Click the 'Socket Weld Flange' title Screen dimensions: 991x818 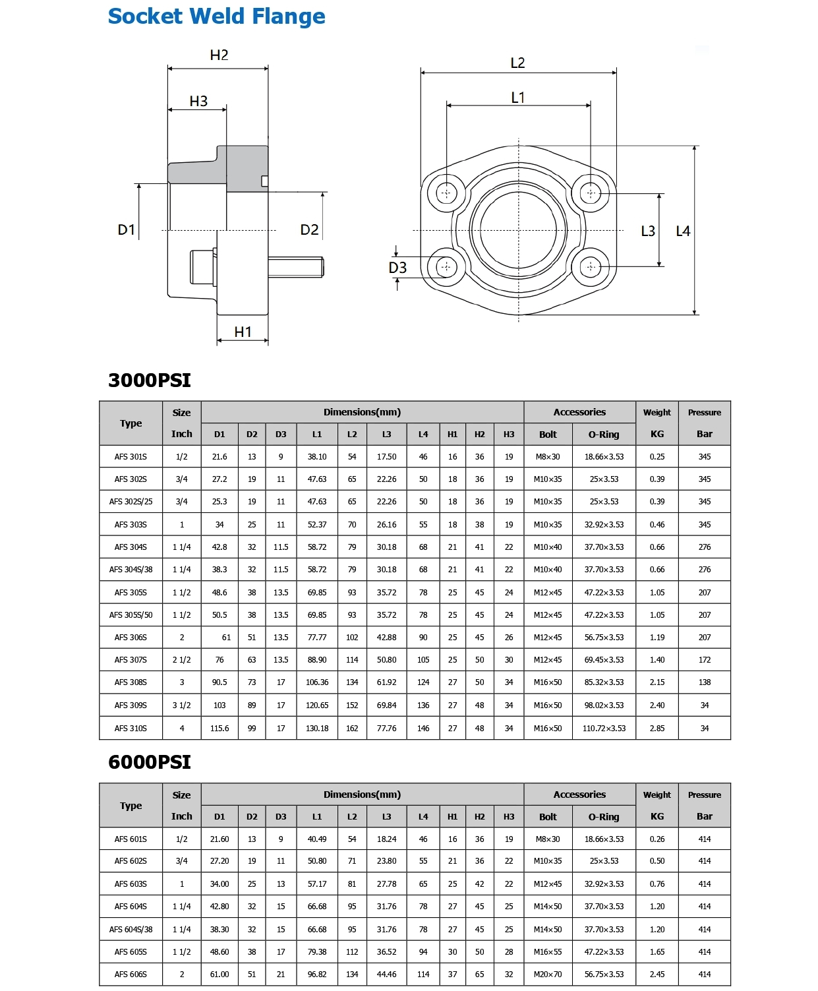click(216, 16)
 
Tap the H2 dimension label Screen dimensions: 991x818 click(219, 55)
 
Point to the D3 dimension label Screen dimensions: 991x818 click(397, 268)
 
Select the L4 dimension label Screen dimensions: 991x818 click(683, 231)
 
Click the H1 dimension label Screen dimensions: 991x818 click(243, 332)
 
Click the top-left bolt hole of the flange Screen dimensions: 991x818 click(447, 193)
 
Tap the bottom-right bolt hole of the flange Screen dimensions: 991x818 click(591, 267)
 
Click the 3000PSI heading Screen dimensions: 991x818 click(150, 380)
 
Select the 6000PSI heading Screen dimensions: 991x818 click(150, 762)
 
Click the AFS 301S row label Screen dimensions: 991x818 click(131, 457)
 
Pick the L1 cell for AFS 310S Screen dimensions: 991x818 click(317, 729)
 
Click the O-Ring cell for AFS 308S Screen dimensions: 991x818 click(604, 682)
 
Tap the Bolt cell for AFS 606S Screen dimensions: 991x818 click(548, 974)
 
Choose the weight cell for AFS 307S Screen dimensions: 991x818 click(657, 660)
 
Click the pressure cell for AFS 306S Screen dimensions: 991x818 click(705, 638)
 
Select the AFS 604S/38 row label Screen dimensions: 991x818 click(131, 930)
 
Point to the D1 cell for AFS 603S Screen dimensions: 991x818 click(219, 884)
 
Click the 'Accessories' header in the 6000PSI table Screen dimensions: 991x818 click(579, 795)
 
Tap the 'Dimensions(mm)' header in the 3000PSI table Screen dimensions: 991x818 click(362, 412)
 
